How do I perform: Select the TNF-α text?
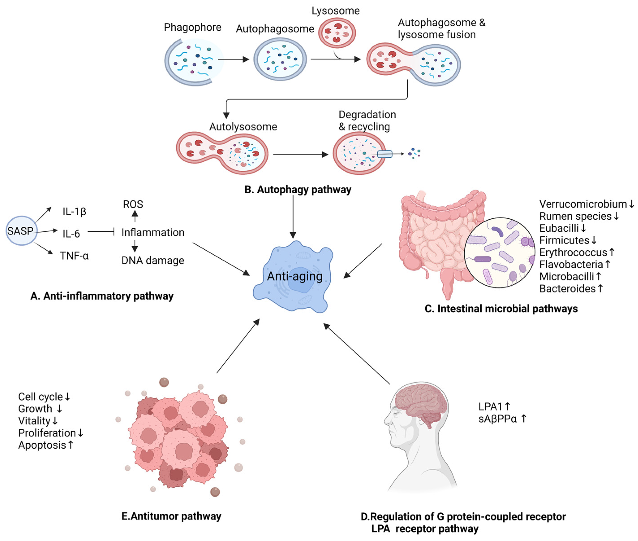pos(74,255)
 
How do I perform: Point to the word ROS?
pos(133,204)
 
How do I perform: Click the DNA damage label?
pos(153,260)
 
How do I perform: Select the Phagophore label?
pos(192,27)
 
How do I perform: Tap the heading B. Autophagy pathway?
pos(297,189)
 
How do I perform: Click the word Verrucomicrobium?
pos(582,204)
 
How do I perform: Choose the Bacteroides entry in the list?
pos(567,289)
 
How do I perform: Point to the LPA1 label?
pos(490,407)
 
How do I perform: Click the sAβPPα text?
pos(497,419)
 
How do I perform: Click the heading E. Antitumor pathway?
pos(171,516)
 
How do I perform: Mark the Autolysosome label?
pos(243,127)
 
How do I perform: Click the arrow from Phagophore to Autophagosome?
pos(233,59)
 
